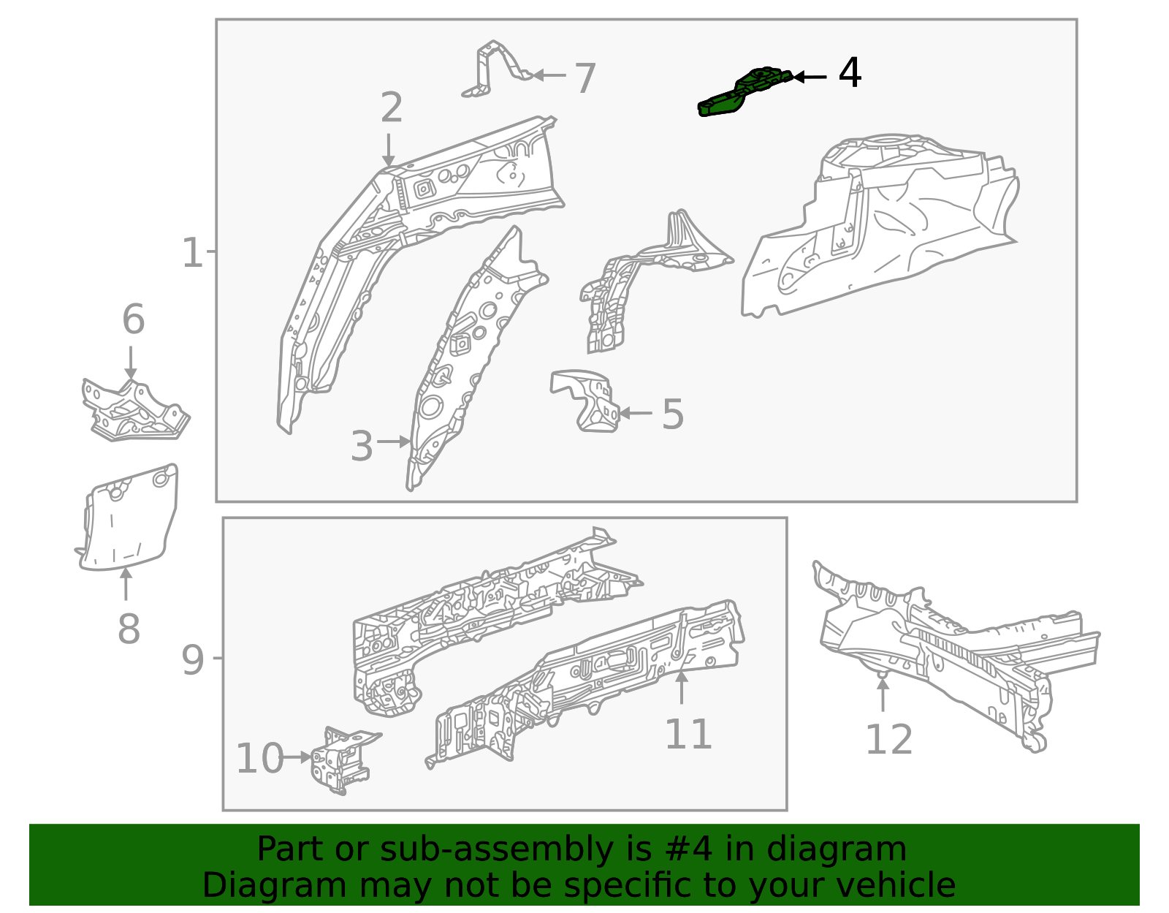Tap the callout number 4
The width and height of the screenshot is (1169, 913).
(850, 74)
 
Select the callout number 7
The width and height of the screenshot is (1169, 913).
(584, 78)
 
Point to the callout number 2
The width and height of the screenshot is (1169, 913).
(392, 108)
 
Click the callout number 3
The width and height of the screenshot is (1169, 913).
(362, 446)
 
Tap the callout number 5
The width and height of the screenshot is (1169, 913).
(672, 414)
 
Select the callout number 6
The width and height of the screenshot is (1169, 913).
(133, 320)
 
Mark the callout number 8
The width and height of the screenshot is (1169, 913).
(129, 629)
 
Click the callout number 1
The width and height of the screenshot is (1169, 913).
(191, 253)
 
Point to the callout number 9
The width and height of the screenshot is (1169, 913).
(193, 660)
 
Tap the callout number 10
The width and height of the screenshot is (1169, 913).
(259, 759)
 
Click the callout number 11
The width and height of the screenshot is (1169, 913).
(688, 735)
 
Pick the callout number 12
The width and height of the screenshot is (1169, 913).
(888, 740)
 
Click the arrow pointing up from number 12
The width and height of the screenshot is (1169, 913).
(883, 694)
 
